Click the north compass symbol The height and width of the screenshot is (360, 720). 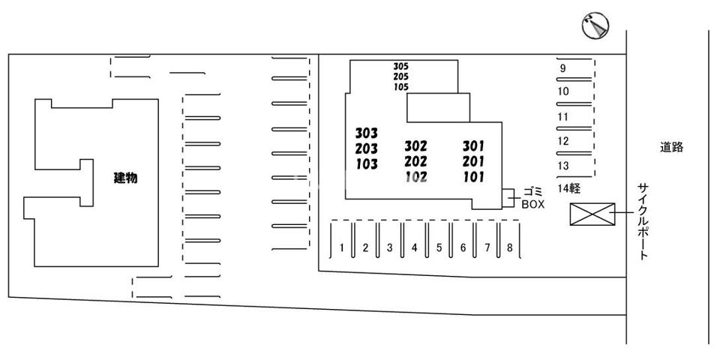pyautogui.click(x=595, y=27)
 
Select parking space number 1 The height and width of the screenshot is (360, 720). pyautogui.click(x=341, y=247)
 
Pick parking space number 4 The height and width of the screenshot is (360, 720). pyautogui.click(x=414, y=247)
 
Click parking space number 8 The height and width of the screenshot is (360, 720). pyautogui.click(x=509, y=247)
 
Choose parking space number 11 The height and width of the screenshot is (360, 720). pyautogui.click(x=564, y=117)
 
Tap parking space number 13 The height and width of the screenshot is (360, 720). pyautogui.click(x=564, y=166)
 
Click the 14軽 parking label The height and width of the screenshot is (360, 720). pyautogui.click(x=570, y=187)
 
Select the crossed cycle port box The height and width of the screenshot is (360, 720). pyautogui.click(x=592, y=214)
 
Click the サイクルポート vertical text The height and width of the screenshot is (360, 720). pyautogui.click(x=643, y=220)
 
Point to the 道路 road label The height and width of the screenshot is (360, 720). pyautogui.click(x=672, y=148)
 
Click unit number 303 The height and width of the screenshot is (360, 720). pyautogui.click(x=366, y=133)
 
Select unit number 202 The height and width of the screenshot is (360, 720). pyautogui.click(x=415, y=161)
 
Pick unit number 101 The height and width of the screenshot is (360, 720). pyautogui.click(x=473, y=178)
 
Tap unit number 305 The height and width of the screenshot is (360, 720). pyautogui.click(x=400, y=66)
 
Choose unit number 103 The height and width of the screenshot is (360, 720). pyautogui.click(x=366, y=164)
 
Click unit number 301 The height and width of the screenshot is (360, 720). pyautogui.click(x=473, y=145)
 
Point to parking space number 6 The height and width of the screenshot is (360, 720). pyautogui.click(x=463, y=247)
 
